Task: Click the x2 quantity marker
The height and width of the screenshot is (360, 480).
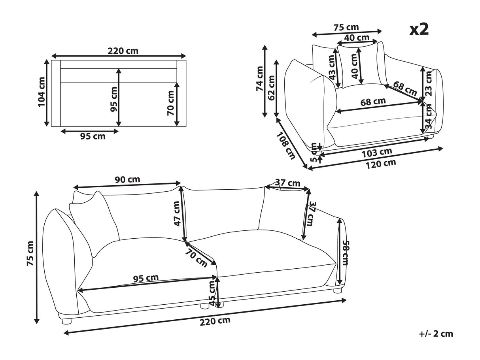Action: tap(419, 30)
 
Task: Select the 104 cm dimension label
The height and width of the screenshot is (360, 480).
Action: tap(42, 92)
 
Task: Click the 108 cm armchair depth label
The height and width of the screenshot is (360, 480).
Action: tap(286, 145)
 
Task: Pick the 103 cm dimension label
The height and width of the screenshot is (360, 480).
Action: tap(377, 153)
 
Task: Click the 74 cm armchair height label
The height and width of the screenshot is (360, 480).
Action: tap(260, 79)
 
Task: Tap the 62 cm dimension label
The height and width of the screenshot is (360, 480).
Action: tap(271, 88)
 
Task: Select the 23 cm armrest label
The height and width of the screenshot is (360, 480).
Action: tap(429, 84)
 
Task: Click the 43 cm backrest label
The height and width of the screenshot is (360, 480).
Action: tap(332, 68)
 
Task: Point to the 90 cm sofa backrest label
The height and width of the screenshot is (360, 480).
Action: tap(127, 179)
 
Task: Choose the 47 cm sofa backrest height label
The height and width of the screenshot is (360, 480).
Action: tap(176, 214)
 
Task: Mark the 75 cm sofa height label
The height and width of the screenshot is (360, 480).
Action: tap(30, 254)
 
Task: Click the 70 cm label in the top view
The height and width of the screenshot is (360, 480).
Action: tap(170, 103)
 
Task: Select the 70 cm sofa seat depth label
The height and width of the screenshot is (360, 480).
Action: tap(196, 258)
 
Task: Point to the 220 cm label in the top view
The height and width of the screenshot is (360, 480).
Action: tap(123, 51)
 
